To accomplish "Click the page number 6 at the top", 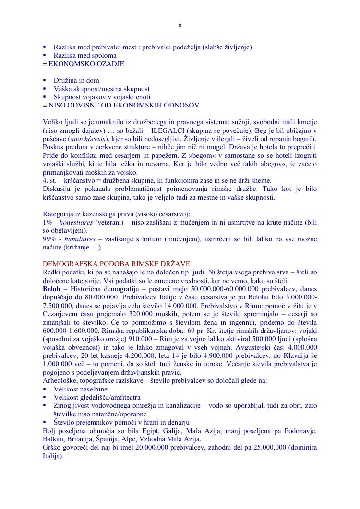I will click(x=180, y=25).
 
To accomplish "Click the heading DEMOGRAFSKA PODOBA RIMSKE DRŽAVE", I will click(x=116, y=264).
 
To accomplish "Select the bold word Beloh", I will click(x=52, y=289).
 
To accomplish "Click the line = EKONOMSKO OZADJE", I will click(x=84, y=63).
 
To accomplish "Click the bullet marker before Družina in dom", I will click(x=45, y=80).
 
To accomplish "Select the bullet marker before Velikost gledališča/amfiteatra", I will click(x=45, y=397).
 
